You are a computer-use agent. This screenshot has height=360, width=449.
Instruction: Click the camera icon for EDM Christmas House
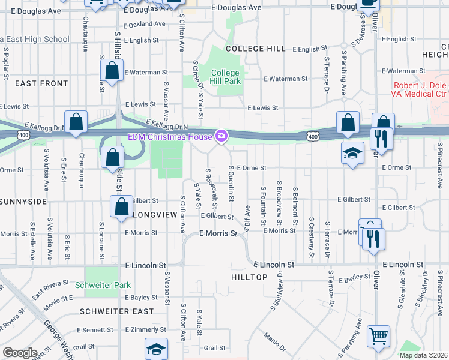[221, 136]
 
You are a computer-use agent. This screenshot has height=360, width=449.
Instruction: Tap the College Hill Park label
[225, 77]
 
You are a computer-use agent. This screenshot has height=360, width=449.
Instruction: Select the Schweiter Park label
[103, 285]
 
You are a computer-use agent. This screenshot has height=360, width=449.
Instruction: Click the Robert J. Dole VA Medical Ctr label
[420, 90]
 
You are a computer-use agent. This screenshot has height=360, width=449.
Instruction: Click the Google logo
[20, 353]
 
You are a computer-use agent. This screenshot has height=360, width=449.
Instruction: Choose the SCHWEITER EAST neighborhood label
[116, 311]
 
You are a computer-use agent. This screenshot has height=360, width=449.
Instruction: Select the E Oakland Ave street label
[144, 25]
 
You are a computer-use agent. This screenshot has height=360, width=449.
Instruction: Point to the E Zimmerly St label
[145, 330]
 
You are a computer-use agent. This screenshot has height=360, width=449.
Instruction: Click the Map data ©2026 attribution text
[423, 355]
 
